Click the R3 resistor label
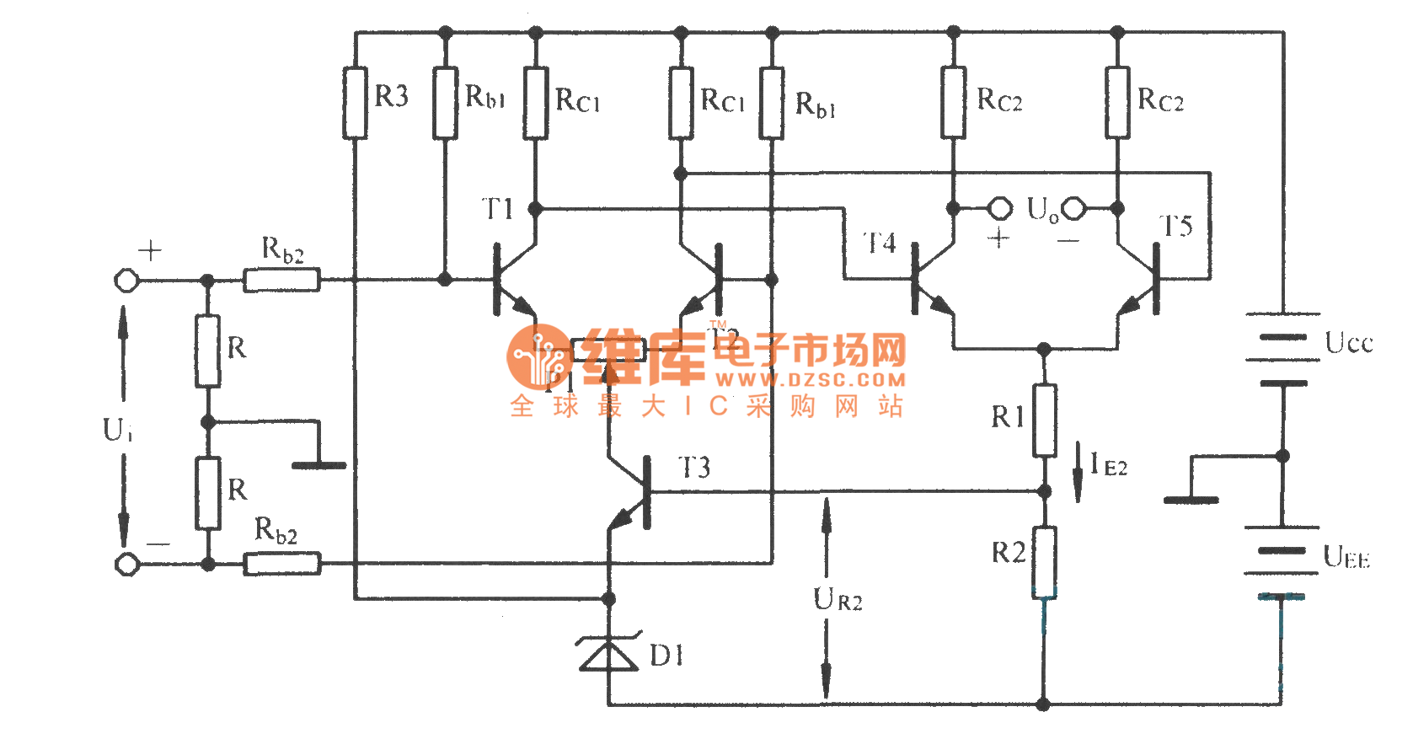(391, 96)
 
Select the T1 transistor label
(497, 209)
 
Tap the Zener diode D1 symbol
(608, 654)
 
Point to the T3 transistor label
(694, 468)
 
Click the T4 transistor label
(880, 244)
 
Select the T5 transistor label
(1175, 226)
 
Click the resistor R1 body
(1044, 420)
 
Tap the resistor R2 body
(1044, 562)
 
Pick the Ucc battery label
(1348, 343)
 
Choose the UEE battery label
(1346, 557)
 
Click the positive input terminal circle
(126, 280)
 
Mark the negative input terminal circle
(126, 564)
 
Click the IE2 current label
(1108, 464)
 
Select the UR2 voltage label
(838, 600)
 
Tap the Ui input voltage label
(117, 430)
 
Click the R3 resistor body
(355, 102)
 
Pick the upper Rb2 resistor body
(281, 280)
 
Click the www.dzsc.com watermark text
(811, 380)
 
